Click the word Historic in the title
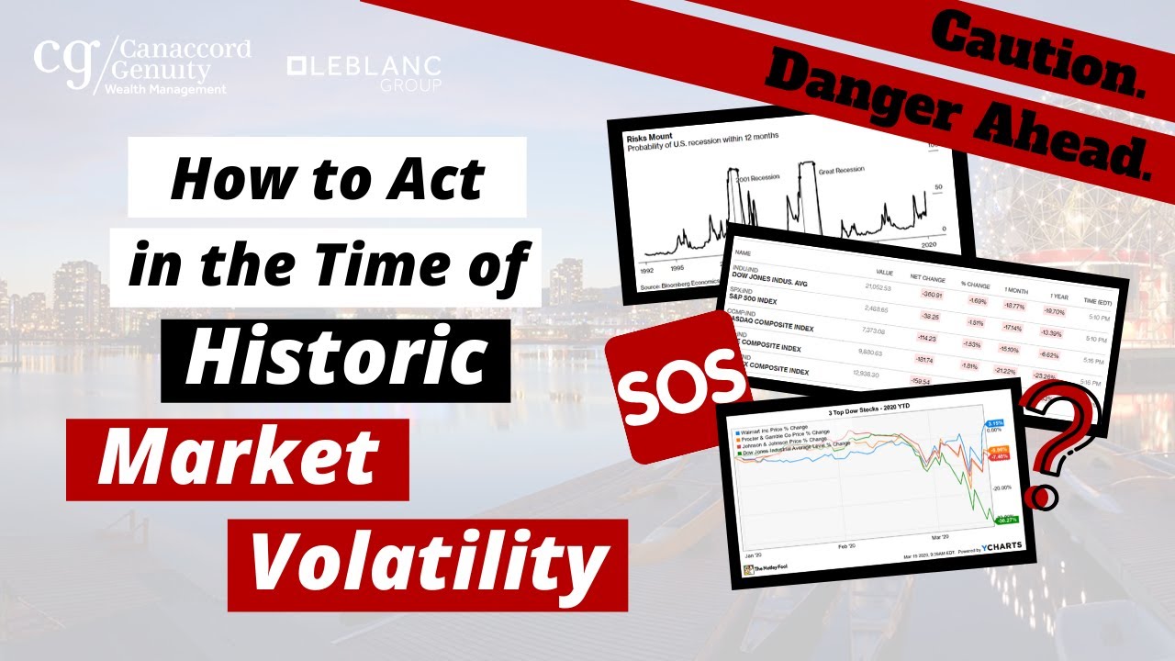coord(335,359)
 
